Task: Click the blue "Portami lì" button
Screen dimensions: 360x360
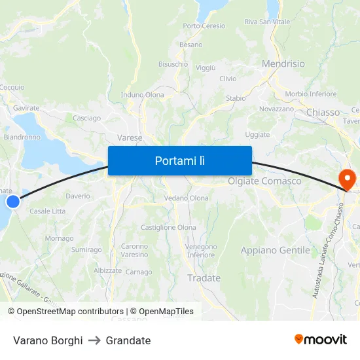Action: tap(179, 160)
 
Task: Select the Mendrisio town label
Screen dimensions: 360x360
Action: tap(283, 64)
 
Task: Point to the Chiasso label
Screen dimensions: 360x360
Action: tap(323, 113)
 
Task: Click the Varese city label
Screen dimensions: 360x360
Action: tap(130, 137)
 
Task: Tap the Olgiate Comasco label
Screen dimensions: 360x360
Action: tap(264, 181)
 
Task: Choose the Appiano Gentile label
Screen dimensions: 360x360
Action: tap(275, 250)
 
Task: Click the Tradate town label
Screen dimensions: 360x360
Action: tap(204, 278)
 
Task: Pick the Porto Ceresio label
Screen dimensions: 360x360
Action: tap(204, 26)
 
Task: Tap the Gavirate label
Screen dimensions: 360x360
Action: tap(26, 108)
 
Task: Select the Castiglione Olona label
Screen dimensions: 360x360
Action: tap(168, 227)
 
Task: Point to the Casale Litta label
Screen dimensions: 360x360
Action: tap(48, 211)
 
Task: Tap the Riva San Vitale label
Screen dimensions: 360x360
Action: tap(266, 22)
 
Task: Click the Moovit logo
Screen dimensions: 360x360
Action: tap(320, 339)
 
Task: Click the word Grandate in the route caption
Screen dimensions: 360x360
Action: tap(128, 340)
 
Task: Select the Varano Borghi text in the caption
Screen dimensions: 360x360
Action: tap(48, 340)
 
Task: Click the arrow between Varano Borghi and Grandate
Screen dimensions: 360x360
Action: tap(94, 340)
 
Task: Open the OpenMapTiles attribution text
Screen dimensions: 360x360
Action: tap(162, 312)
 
